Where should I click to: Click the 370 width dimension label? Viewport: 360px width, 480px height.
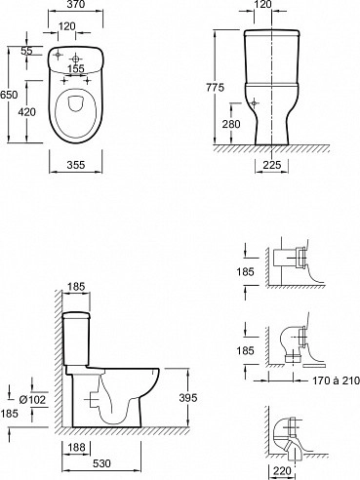[75, 4]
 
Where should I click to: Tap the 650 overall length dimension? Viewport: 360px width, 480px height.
[9, 95]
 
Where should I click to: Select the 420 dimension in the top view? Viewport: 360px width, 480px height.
[26, 112]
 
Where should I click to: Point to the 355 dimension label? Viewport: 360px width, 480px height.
[76, 165]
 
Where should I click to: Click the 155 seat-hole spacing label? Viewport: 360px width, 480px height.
[76, 69]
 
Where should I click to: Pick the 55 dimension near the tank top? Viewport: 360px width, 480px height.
[26, 51]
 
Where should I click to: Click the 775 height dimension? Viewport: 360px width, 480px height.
[215, 88]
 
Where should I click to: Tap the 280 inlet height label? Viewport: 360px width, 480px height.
[231, 124]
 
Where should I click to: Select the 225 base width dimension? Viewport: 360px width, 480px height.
[271, 165]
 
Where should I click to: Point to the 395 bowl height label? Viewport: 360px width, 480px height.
[188, 397]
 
